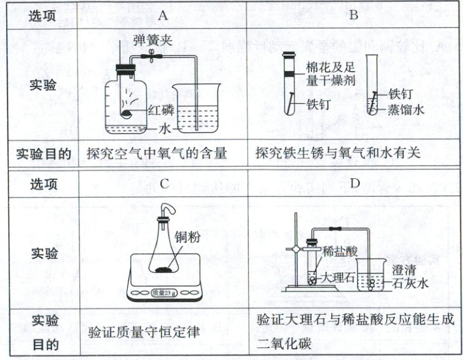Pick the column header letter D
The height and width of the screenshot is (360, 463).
click(354, 184)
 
